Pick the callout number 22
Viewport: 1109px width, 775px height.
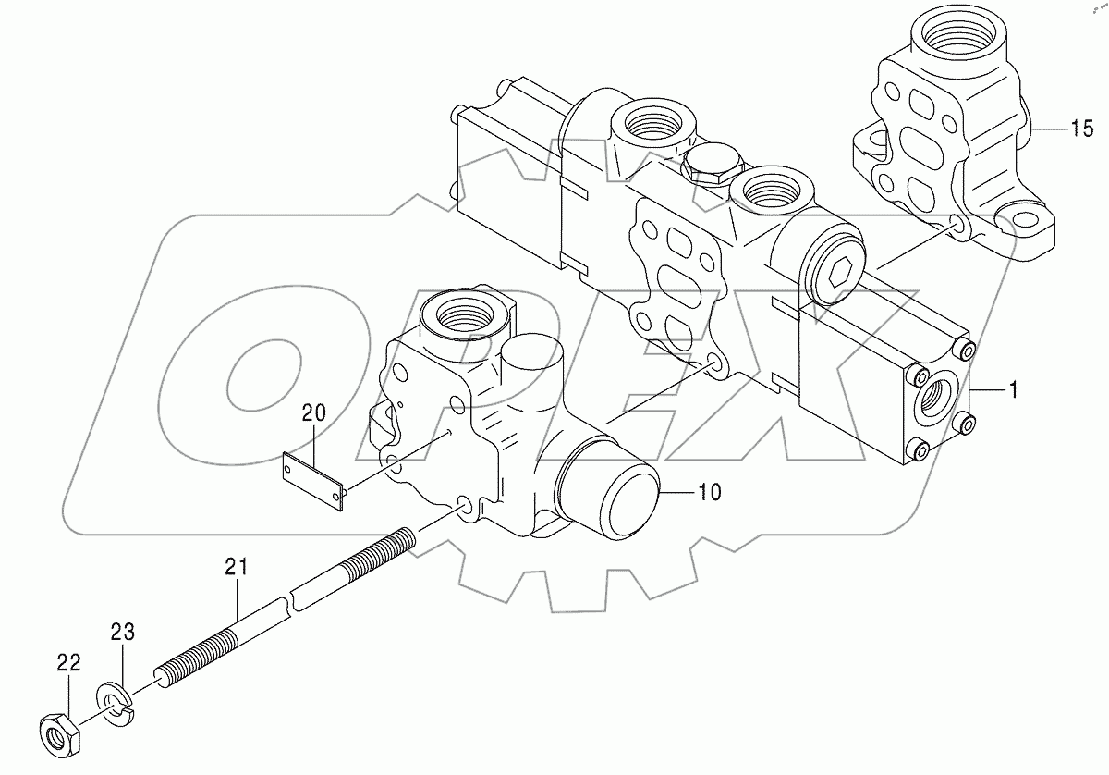tap(68, 663)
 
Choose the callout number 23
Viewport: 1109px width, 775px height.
tap(123, 633)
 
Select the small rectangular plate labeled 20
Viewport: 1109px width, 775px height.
tap(314, 481)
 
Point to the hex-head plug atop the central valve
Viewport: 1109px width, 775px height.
tap(713, 165)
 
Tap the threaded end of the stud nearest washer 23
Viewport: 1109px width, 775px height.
tap(185, 660)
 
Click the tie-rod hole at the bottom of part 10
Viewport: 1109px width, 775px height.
tap(463, 504)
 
